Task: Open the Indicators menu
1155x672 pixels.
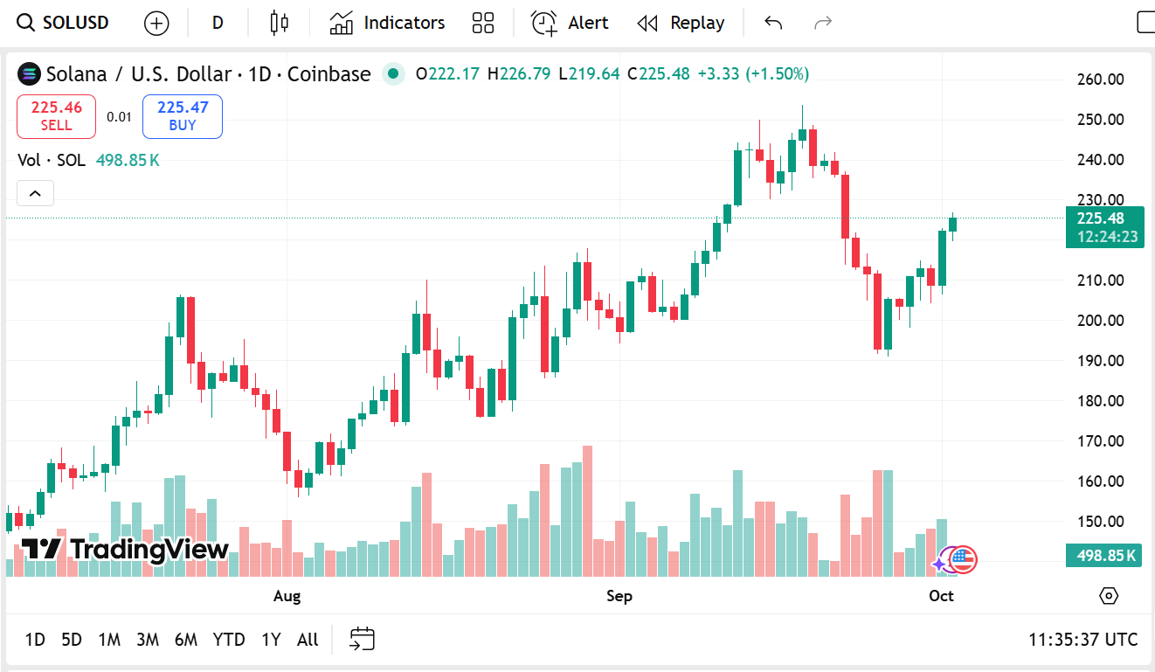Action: [387, 23]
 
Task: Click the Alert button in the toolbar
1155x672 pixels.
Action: [570, 23]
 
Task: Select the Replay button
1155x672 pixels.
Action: [681, 23]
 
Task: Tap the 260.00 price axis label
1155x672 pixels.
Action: [1100, 80]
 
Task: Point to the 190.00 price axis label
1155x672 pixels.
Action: [1100, 361]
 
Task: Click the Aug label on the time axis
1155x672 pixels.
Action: [287, 596]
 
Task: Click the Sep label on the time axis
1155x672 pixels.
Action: [619, 596]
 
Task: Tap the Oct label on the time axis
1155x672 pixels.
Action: [941, 596]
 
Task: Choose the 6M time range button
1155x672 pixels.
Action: [185, 640]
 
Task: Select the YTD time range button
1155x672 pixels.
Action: [229, 640]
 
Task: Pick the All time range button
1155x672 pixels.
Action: [308, 640]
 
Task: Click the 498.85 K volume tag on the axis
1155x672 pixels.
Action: [1104, 556]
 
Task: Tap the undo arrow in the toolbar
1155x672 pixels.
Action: [773, 23]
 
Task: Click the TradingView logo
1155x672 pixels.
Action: [124, 550]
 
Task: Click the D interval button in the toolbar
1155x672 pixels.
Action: [218, 23]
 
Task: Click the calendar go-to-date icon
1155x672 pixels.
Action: [362, 640]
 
